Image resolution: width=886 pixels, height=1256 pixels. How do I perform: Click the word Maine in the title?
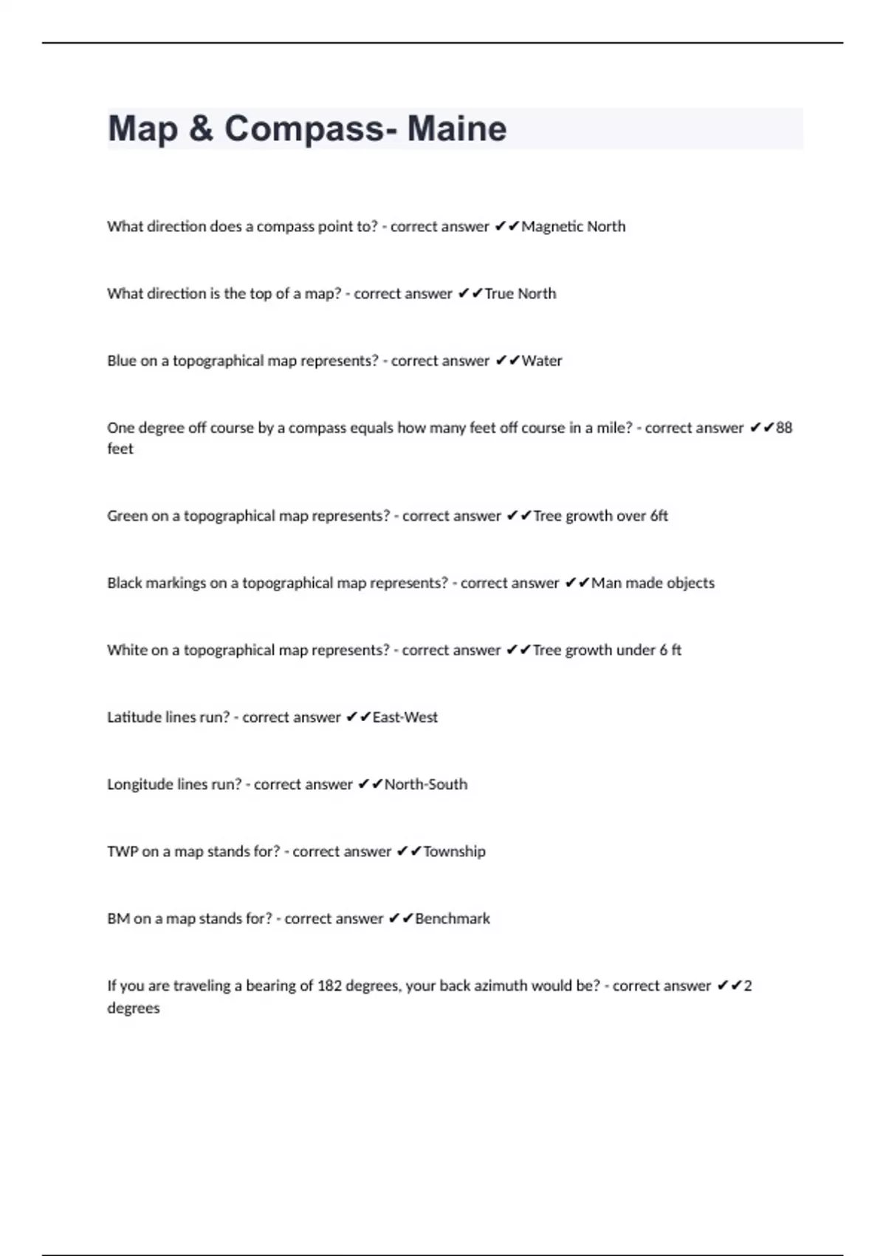tap(457, 129)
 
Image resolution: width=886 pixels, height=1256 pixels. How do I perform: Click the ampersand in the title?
tap(201, 129)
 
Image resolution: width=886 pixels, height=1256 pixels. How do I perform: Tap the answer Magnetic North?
tap(574, 227)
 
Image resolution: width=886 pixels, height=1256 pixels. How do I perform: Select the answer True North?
tap(521, 294)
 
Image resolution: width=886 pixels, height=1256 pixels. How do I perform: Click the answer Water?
tap(542, 361)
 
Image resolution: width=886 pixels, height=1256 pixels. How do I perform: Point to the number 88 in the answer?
tap(784, 428)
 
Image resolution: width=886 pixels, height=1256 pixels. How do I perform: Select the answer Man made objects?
tap(653, 583)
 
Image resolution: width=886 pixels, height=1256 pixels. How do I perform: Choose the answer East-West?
tap(405, 717)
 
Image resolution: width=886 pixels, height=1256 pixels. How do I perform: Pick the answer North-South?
tap(426, 785)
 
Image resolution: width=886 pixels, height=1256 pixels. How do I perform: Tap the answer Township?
tap(454, 852)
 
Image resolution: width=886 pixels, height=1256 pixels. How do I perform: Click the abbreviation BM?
tap(118, 919)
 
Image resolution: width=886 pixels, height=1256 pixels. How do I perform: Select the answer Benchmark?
tap(453, 919)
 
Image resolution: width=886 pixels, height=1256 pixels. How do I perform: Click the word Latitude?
tap(130, 717)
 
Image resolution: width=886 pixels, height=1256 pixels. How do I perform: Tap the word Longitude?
tap(136, 785)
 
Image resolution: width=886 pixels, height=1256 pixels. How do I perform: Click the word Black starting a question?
tap(124, 583)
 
